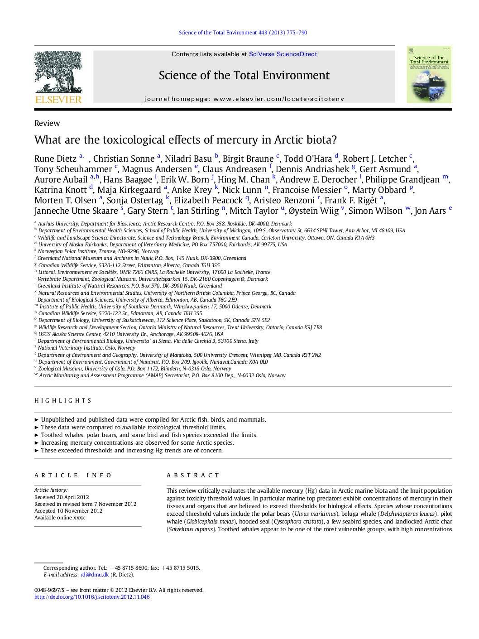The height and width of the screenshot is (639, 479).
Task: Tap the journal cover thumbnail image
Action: tap(429, 75)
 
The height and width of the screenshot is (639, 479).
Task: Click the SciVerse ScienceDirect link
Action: tap(283, 54)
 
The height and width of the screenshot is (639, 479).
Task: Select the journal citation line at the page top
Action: tap(243, 33)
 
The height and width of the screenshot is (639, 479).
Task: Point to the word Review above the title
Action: tap(47, 123)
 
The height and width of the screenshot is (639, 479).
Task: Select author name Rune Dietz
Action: tap(55, 159)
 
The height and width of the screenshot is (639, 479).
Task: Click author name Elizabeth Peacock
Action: tap(208, 201)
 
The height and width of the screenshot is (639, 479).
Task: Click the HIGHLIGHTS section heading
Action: tap(63, 401)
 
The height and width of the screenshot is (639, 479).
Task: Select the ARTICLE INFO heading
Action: tap(73, 476)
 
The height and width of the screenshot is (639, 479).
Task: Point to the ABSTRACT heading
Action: tap(193, 476)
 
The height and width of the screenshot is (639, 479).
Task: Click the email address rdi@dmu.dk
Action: tap(95, 575)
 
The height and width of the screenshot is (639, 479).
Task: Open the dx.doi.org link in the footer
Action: tap(92, 597)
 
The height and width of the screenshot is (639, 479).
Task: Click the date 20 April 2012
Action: tap(72, 497)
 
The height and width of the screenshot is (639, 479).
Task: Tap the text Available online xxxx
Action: tap(59, 518)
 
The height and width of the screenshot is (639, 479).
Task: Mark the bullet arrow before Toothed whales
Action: tap(37, 435)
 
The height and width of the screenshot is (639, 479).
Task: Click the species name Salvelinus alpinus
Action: tap(190, 529)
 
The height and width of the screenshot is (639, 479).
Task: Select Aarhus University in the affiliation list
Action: tap(58, 224)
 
